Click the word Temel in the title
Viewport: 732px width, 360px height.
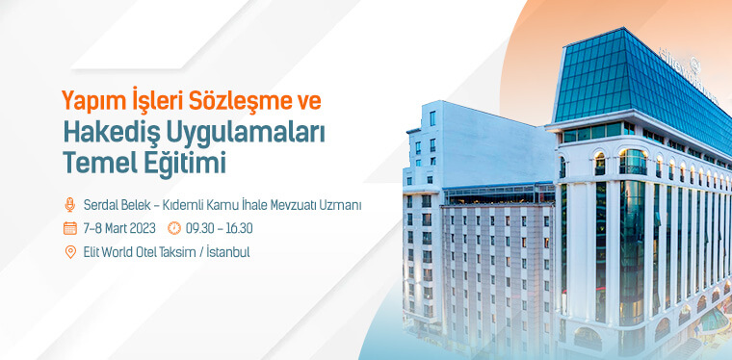pos(94,163)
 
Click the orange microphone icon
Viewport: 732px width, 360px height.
pos(69,204)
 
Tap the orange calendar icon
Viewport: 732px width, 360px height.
pos(69,228)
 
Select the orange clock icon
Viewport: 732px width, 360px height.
pos(173,228)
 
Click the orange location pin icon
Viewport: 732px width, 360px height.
pos(69,252)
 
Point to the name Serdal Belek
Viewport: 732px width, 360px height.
pos(114,204)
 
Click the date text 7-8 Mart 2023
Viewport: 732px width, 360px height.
pos(118,228)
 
